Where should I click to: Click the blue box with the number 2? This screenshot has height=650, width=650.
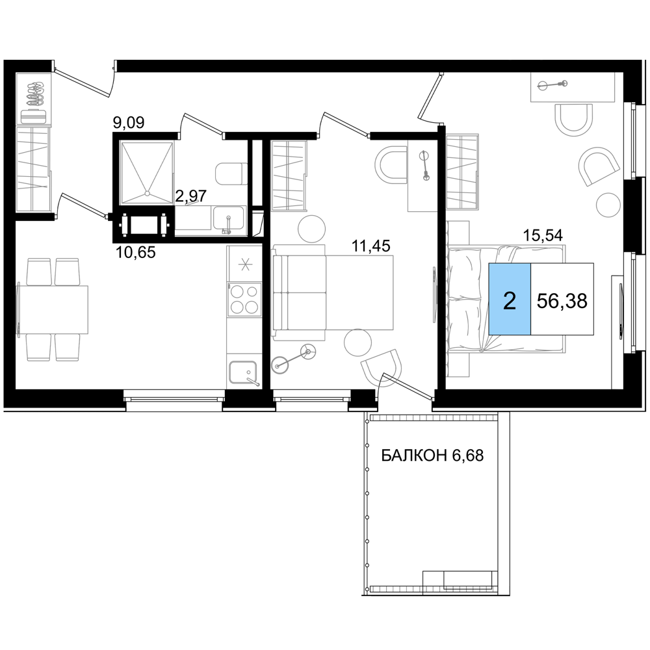510,300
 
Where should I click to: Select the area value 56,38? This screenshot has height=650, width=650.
562,300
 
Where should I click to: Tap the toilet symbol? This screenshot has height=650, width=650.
231,174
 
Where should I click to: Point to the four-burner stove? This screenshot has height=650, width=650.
244,300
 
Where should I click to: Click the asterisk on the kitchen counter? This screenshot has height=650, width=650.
245,265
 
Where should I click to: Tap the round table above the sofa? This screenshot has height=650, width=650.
311,229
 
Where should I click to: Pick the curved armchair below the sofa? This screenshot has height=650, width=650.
382,367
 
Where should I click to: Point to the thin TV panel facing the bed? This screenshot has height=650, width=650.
434,294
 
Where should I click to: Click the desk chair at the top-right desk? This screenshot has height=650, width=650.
573,119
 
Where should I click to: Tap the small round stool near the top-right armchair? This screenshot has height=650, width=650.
608,205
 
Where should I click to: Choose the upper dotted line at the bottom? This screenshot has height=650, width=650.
433,417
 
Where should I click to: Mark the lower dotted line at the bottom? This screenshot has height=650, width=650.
433,589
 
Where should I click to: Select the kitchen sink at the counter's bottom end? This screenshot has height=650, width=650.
244,371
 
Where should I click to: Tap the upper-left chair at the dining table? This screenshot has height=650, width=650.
38,270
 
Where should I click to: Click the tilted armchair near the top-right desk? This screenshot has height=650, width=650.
598,166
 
